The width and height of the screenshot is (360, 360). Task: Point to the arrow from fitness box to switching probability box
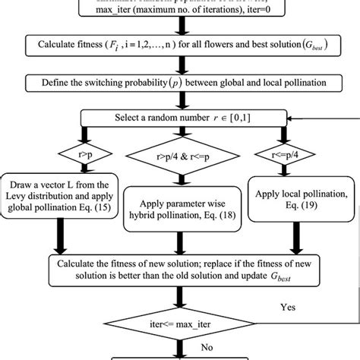coord(181,64)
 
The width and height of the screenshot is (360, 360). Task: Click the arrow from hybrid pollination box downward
coord(181,243)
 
